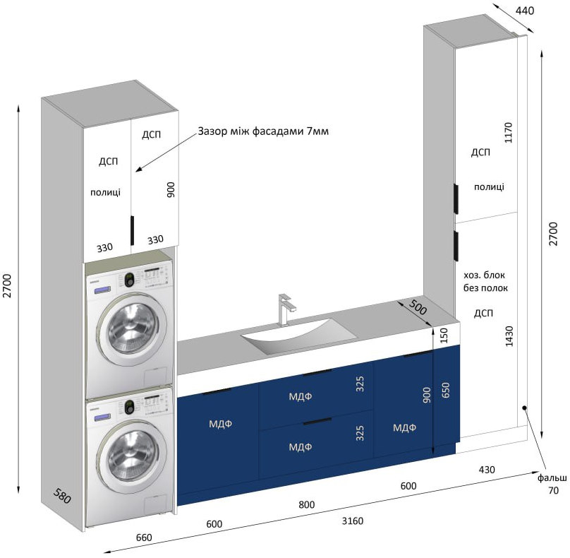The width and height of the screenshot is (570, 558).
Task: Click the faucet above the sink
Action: coord(284,309)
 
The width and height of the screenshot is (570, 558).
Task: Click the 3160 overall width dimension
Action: coord(352,521)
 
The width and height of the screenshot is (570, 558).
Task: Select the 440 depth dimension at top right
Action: coord(525,11)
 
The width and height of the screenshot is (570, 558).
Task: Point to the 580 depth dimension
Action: coord(62,496)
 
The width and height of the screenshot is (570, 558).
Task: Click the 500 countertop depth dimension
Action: coord(418,307)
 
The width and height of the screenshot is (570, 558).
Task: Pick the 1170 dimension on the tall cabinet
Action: coord(509,133)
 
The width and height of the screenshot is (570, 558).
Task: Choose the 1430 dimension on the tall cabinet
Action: coord(509,336)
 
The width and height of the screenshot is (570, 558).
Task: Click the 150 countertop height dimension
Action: coord(444,336)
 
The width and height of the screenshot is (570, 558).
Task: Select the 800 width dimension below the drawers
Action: coord(306,504)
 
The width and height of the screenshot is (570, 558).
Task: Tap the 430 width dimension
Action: coord(486,470)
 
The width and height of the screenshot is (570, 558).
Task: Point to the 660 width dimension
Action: coord(144,538)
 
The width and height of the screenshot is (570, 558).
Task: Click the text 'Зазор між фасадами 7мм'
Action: coord(263,131)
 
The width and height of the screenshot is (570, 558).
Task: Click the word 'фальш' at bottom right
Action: coord(552,477)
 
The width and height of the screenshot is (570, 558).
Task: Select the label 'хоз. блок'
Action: coord(484,275)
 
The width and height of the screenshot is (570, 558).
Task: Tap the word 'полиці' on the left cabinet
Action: coord(105,192)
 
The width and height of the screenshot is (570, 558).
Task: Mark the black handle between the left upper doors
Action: coord(133,230)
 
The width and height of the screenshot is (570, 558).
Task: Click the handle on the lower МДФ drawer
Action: coord(317,422)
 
